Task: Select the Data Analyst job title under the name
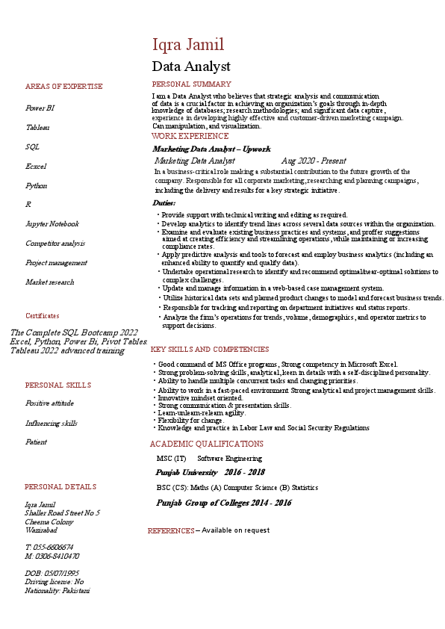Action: point(191,66)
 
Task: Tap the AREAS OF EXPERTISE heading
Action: point(64,87)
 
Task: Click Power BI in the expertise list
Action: point(40,108)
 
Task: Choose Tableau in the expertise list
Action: point(38,128)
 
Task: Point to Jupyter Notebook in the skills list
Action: point(52,224)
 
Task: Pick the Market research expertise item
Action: point(50,282)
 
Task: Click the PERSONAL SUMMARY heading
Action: point(192,84)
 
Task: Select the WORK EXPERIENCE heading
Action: point(190,137)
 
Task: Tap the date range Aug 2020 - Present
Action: point(314,161)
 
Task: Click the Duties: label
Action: point(164,203)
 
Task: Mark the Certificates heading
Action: point(43,316)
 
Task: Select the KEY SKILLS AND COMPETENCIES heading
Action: point(210,350)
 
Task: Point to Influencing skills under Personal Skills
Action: point(52,424)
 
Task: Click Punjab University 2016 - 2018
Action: point(210,473)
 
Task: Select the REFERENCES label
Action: point(171,531)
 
